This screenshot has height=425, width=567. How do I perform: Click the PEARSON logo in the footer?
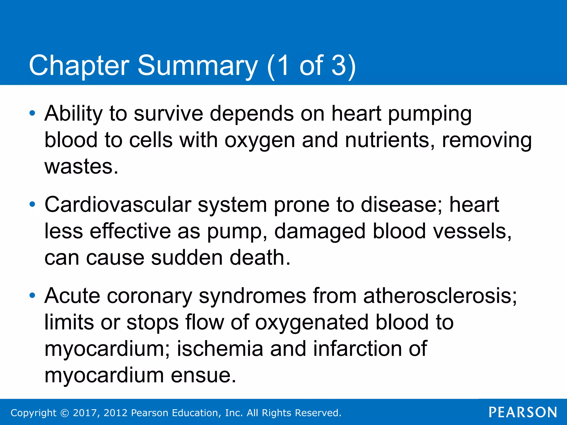[x=523, y=412]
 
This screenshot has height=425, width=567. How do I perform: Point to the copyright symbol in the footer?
[x=65, y=413]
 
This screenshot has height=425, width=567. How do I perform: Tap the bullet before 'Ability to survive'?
[x=32, y=113]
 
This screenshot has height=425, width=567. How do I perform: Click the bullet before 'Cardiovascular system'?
[x=32, y=204]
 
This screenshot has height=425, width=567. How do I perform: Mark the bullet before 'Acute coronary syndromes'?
[x=32, y=296]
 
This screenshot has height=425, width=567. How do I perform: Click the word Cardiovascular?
[x=118, y=204]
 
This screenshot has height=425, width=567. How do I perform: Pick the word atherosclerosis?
[x=440, y=296]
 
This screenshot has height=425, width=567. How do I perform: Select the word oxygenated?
[x=312, y=322]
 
